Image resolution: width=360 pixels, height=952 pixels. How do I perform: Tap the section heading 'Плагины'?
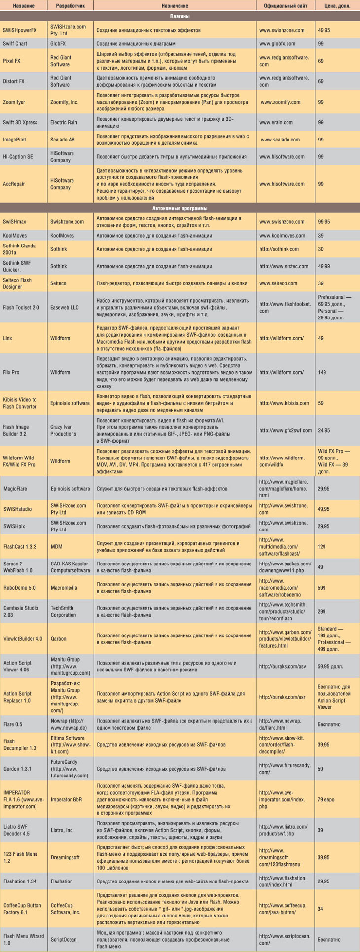click(x=180, y=16)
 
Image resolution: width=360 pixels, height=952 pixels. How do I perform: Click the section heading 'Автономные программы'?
click(x=180, y=208)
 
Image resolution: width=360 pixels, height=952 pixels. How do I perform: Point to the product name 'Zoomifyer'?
click(x=14, y=102)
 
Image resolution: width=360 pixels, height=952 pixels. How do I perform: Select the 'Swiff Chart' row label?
click(x=15, y=44)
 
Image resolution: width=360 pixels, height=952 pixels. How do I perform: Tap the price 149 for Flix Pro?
click(x=322, y=372)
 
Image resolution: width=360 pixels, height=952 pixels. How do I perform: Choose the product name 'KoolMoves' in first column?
click(x=15, y=236)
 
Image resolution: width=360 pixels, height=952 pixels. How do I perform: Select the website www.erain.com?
click(x=276, y=123)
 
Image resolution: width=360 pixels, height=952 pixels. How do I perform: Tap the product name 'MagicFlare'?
click(x=15, y=489)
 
